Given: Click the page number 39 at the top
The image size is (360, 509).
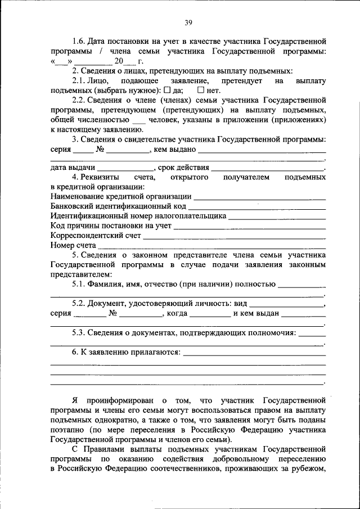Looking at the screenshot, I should pyautogui.click(x=188, y=22).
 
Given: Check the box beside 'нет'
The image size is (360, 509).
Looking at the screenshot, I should pyautogui.click(x=200, y=90).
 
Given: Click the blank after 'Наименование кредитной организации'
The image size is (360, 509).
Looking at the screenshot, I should pyautogui.click(x=259, y=197).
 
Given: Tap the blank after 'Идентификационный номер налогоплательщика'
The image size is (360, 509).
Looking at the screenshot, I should pyautogui.click(x=277, y=217).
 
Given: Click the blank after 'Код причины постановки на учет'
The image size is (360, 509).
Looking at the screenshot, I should pyautogui.click(x=249, y=227).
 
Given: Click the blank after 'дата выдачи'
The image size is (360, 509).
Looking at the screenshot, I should pyautogui.click(x=125, y=168).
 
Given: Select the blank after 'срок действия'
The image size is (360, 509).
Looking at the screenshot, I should pyautogui.click(x=268, y=168).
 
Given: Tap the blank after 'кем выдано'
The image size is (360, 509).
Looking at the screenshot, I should pyautogui.click(x=262, y=150).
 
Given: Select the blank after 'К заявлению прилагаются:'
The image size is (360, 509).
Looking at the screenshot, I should pyautogui.click(x=255, y=354).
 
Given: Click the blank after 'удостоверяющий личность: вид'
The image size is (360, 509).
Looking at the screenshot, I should pyautogui.click(x=287, y=304).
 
